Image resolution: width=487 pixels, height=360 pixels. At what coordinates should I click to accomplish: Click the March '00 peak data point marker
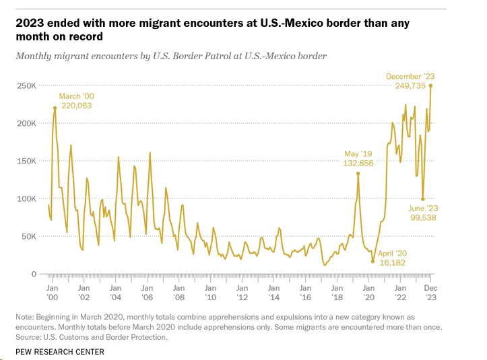click(55, 108)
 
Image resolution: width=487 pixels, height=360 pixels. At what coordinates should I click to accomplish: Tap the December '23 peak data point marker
click(431, 85)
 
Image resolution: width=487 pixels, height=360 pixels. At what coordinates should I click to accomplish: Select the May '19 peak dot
click(358, 174)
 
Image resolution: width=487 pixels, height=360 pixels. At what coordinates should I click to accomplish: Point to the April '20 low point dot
click(372, 261)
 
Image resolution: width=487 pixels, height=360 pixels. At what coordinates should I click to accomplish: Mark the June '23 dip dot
click(422, 199)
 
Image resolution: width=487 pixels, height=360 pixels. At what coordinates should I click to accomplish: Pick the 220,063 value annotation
click(75, 106)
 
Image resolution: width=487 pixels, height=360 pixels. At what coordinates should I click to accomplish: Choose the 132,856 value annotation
click(358, 164)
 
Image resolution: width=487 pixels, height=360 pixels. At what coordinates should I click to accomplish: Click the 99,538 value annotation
click(423, 219)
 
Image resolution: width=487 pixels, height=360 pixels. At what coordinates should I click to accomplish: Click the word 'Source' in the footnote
click(29, 337)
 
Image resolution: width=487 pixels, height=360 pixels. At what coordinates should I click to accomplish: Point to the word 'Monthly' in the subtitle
click(34, 56)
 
